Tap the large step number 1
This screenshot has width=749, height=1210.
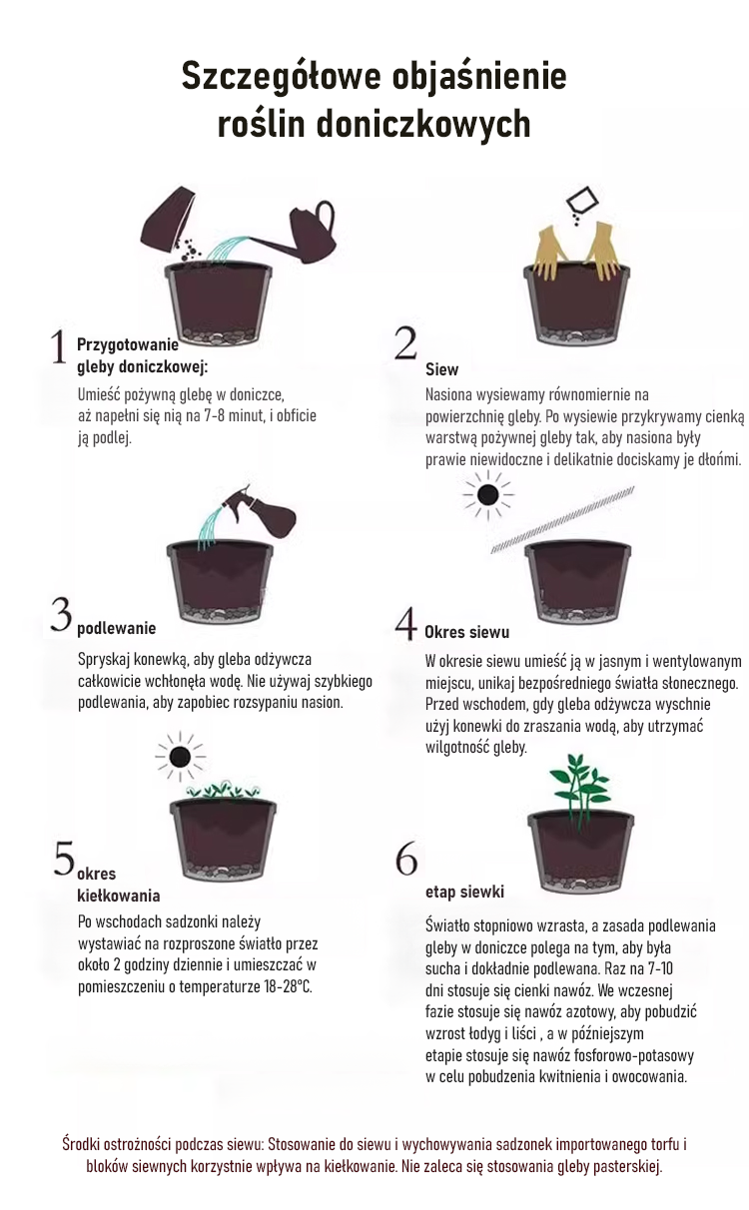pos(58,347)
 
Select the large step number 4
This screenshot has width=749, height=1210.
pos(405,623)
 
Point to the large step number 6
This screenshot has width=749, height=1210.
pos(406,858)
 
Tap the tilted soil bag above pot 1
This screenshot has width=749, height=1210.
pos(168,220)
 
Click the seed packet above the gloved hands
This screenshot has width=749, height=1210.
pos(582,201)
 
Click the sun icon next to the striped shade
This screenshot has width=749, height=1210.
pos(488,495)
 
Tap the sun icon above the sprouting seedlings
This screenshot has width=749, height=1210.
pos(180,757)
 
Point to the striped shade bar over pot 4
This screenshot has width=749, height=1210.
pos(562,519)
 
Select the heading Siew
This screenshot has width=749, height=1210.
pos(441,370)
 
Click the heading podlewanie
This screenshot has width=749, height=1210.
pos(116,628)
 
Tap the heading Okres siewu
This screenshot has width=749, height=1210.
pos(467,632)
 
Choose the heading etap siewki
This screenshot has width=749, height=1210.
pos(464,892)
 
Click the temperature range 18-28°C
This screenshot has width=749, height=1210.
pos(288,987)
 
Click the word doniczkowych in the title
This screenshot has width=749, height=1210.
pos(422,125)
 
